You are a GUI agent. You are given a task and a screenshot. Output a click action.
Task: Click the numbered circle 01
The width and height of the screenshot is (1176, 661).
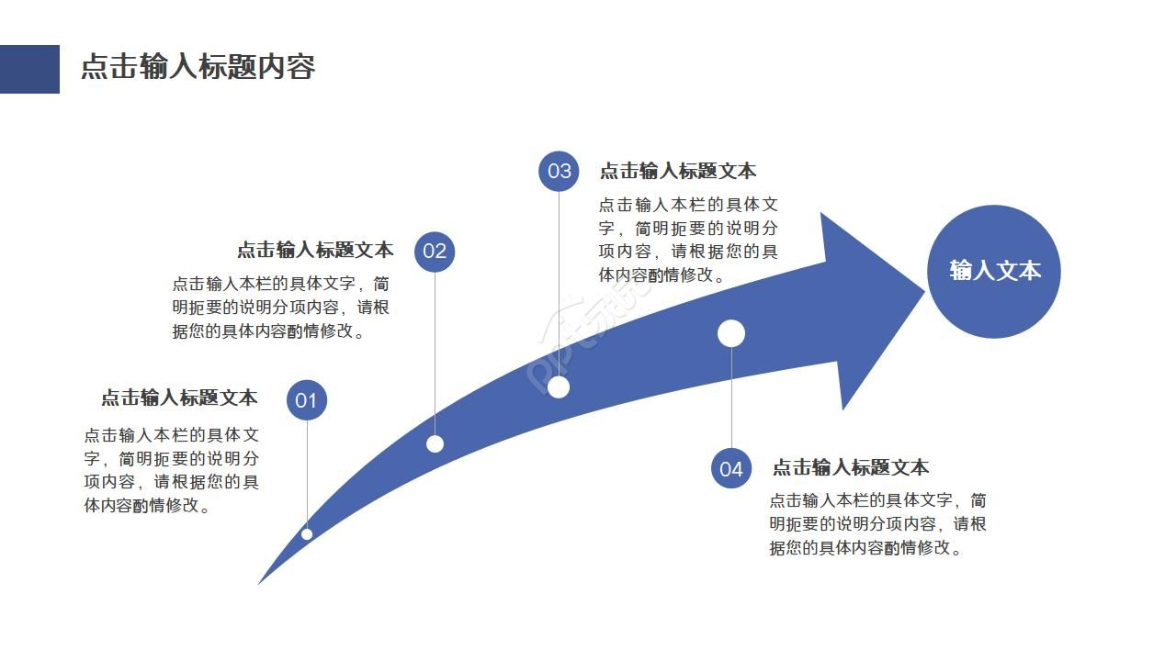306,400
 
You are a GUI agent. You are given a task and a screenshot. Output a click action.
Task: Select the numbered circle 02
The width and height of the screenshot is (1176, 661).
435,252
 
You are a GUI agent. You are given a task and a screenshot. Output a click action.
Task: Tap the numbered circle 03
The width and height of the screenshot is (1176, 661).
559,172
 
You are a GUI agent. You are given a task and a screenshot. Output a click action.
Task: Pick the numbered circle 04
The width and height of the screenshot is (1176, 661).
731,469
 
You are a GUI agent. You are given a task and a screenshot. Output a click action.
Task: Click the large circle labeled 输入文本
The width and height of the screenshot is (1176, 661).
994,271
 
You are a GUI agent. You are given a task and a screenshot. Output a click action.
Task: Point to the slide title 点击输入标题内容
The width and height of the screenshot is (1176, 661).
198,67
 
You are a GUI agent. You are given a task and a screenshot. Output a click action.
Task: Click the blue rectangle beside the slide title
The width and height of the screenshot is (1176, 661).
29,69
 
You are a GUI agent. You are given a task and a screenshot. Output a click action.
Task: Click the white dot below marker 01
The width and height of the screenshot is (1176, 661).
307,534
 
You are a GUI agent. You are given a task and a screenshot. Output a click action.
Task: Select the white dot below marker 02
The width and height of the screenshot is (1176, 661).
435,444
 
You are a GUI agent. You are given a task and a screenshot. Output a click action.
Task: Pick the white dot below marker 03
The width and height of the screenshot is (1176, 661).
559,387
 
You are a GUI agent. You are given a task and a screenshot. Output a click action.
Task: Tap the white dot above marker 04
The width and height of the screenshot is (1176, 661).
731,333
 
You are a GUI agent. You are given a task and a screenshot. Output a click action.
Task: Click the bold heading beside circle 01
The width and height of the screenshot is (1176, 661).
179,398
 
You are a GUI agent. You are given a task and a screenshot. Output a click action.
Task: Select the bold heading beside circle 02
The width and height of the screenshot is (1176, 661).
315,250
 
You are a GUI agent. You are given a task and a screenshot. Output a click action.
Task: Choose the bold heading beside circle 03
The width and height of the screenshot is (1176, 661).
678,171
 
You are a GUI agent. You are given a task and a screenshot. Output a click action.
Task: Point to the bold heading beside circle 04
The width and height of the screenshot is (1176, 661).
850,467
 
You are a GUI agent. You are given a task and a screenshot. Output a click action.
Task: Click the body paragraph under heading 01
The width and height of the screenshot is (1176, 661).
172,470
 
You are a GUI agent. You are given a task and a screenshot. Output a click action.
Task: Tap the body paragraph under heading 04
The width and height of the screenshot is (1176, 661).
877,524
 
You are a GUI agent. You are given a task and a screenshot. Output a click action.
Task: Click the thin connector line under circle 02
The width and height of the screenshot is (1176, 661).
435,349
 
